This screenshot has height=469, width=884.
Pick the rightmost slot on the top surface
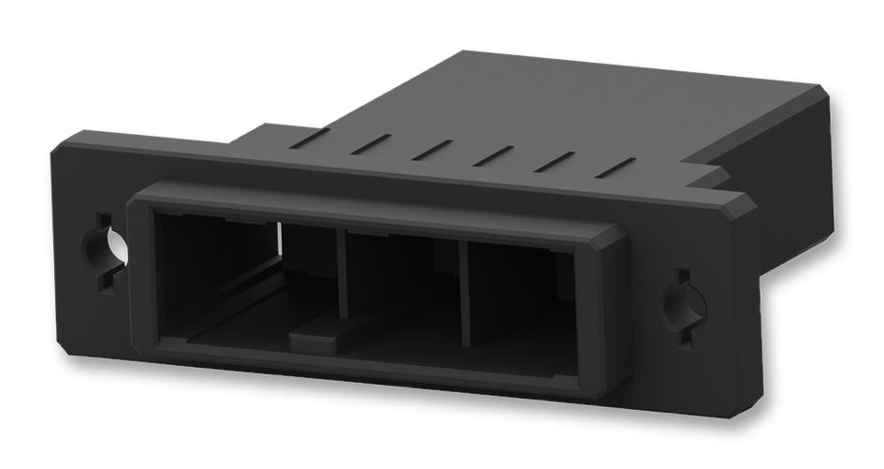coord(615,168)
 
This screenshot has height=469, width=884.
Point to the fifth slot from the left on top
coord(555,161)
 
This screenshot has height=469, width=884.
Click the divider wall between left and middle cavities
coord(342,277)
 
